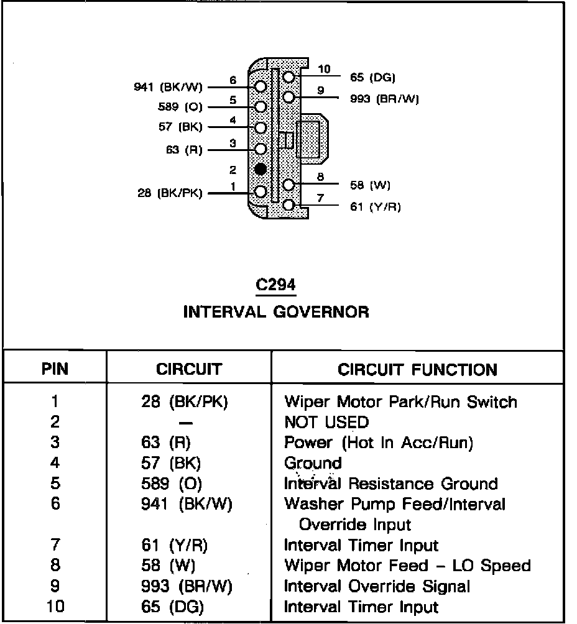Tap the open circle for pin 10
pyautogui.click(x=288, y=78)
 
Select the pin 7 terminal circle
pyautogui.click(x=288, y=205)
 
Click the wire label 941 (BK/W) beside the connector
pyautogui.click(x=168, y=87)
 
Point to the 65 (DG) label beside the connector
pyautogui.click(x=373, y=78)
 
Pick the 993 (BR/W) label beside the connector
pyautogui.click(x=384, y=99)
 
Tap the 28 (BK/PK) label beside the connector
pyautogui.click(x=170, y=193)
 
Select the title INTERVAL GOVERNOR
pyautogui.click(x=276, y=311)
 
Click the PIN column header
pyautogui.click(x=55, y=370)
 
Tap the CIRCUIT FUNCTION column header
pyautogui.click(x=417, y=370)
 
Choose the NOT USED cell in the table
pyautogui.click(x=326, y=423)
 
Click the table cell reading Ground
pyautogui.click(x=313, y=464)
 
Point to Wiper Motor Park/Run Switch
pyautogui.click(x=400, y=402)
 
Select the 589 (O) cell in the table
pyautogui.click(x=172, y=484)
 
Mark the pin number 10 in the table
pyautogui.click(x=55, y=607)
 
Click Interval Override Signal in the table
pyautogui.click(x=377, y=586)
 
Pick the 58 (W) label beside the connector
pyautogui.click(x=370, y=185)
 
